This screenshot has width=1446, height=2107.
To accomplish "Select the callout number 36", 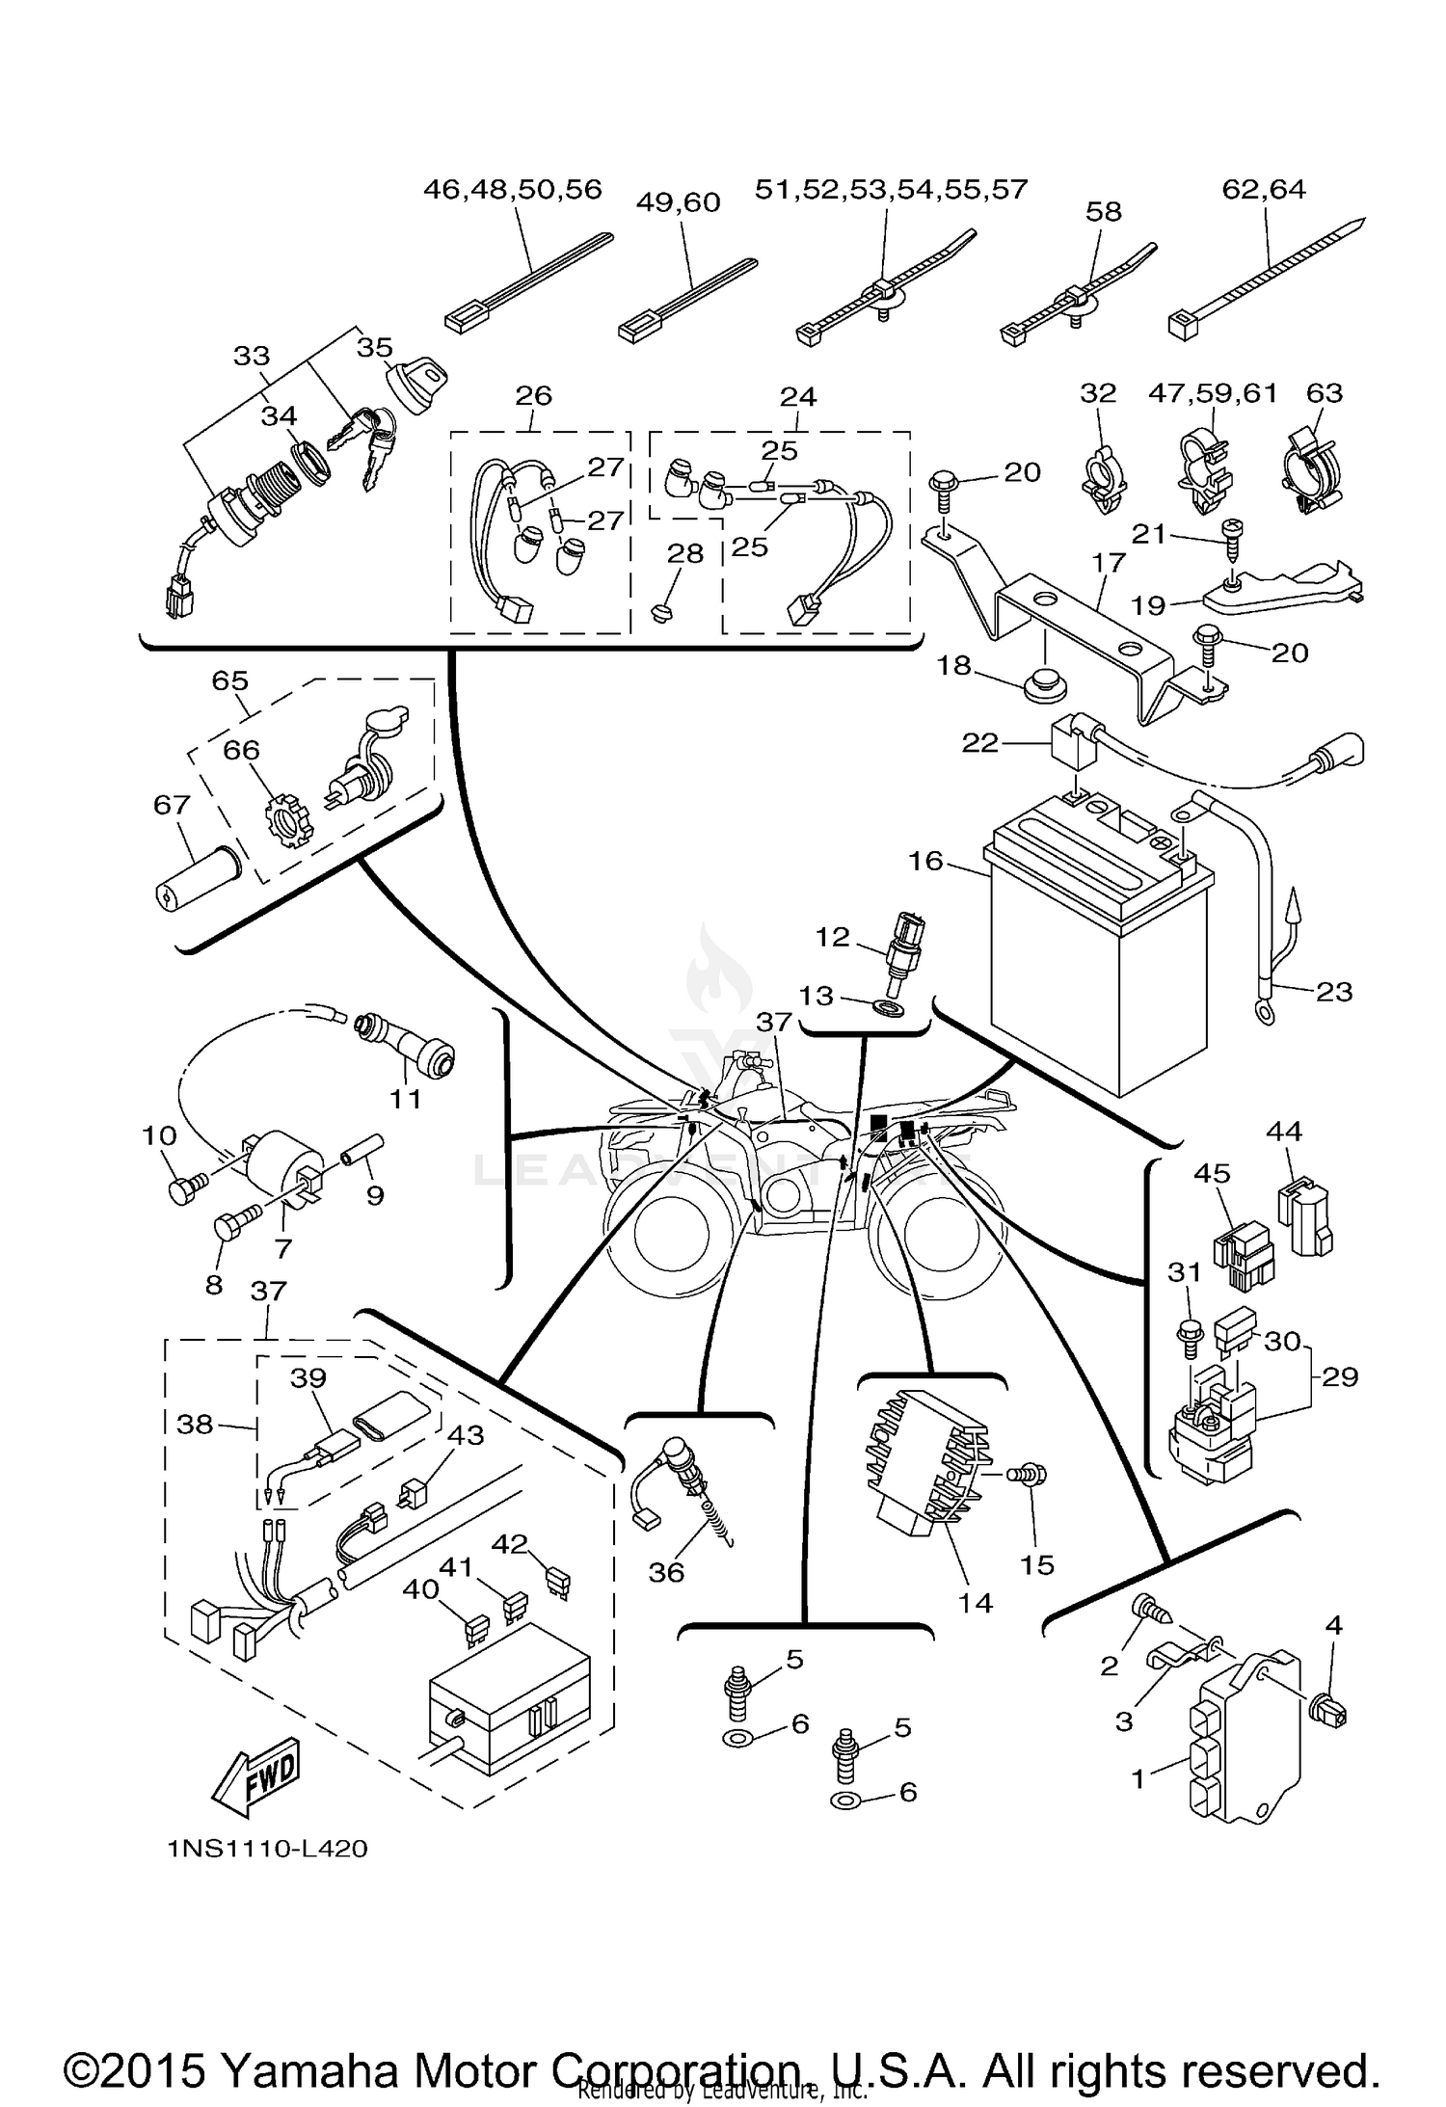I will tap(665, 1572).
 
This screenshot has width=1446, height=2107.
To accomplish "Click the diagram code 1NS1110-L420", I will tap(267, 1849).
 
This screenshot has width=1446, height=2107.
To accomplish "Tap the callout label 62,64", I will tap(1263, 188).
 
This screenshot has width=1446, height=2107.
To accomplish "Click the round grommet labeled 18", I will tap(1044, 688).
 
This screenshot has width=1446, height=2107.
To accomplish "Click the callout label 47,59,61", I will tap(1212, 392).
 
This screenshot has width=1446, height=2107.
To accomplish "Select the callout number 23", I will tap(1333, 991).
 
